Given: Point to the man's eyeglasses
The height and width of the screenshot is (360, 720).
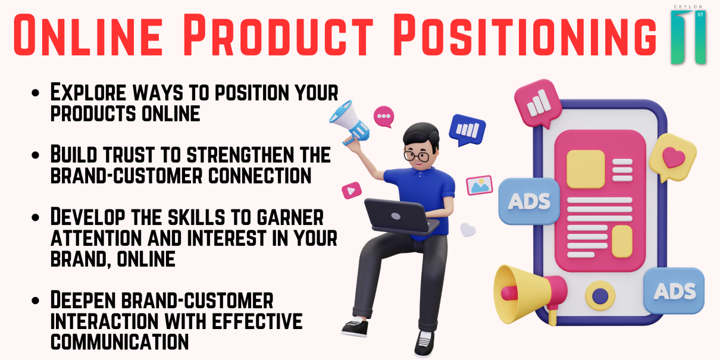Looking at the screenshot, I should [x=417, y=155].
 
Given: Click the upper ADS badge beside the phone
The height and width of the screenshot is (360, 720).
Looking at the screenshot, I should [x=528, y=201].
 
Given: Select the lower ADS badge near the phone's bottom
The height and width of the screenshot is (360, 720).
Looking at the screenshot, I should [x=674, y=290].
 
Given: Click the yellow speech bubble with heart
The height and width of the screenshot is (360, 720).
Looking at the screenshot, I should [x=672, y=157].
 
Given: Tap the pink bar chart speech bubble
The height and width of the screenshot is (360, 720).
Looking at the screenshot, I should [x=538, y=105].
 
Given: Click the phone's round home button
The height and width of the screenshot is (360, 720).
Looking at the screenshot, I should [x=600, y=295].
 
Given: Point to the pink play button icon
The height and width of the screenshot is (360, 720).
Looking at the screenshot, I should [x=352, y=190].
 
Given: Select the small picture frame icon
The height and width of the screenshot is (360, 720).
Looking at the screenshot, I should [x=479, y=186].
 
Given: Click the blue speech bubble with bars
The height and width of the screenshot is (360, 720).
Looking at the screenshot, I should [x=467, y=130].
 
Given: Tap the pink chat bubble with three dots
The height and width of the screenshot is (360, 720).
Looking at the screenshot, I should [x=384, y=116].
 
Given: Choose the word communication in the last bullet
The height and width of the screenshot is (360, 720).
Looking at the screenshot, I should [x=120, y=342].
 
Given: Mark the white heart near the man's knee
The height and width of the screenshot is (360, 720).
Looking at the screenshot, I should [x=468, y=230].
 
